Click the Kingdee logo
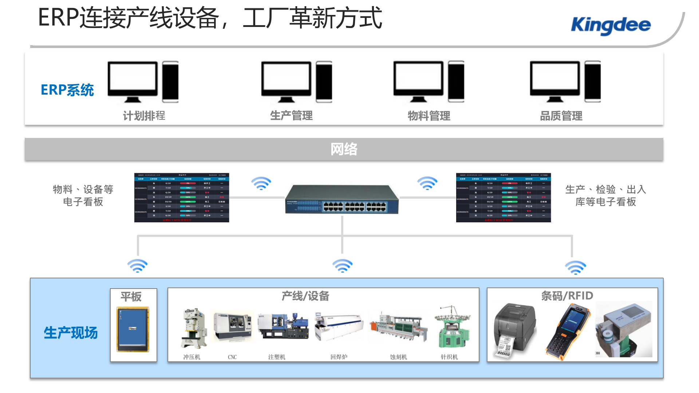[x=611, y=25]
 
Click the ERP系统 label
[x=67, y=90]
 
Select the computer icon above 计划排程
[x=143, y=82]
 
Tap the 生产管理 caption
[x=291, y=116]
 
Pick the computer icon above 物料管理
[x=429, y=82]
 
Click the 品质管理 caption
[x=561, y=116]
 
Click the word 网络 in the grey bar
[x=344, y=149]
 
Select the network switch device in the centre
[x=342, y=199]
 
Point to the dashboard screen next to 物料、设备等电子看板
[x=182, y=198]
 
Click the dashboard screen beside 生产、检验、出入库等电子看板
[x=503, y=198]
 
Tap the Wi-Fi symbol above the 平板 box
[x=137, y=266]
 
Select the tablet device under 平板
[x=133, y=329]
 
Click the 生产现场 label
[x=71, y=333]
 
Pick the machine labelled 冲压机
[x=193, y=327]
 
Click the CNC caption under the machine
[x=232, y=357]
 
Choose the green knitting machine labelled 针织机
[x=451, y=327]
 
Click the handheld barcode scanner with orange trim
[x=567, y=331]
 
